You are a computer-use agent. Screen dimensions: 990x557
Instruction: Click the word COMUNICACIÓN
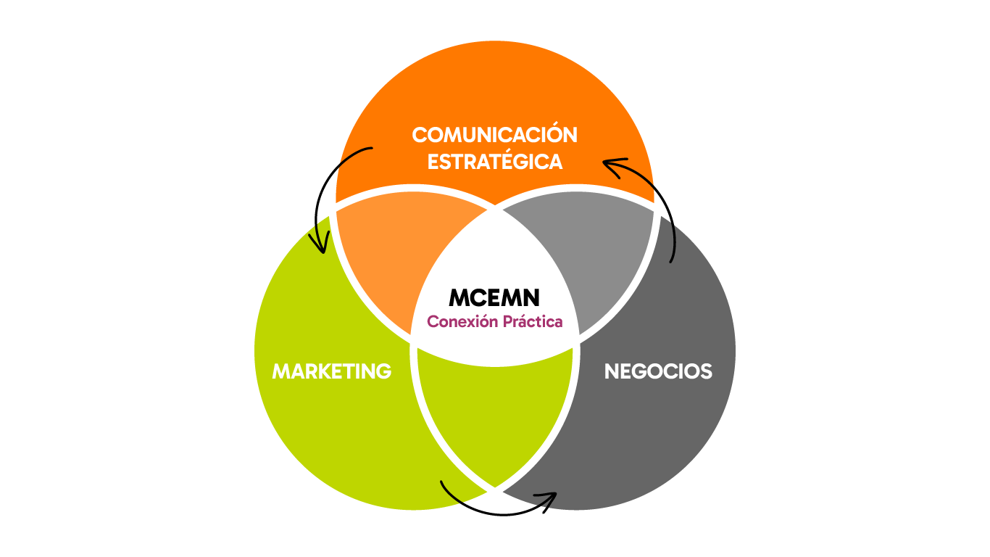pos(494,133)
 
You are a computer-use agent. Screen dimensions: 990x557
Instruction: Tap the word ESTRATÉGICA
pos(494,161)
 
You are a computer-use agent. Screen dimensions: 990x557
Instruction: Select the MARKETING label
pos(331,371)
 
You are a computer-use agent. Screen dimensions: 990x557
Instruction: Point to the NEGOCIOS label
pos(658,371)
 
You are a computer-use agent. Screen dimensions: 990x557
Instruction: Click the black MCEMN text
pos(494,297)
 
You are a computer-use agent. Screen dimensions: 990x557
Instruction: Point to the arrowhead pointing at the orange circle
pos(612,165)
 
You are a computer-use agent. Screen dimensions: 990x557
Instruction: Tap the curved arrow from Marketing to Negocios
pos(495,513)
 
